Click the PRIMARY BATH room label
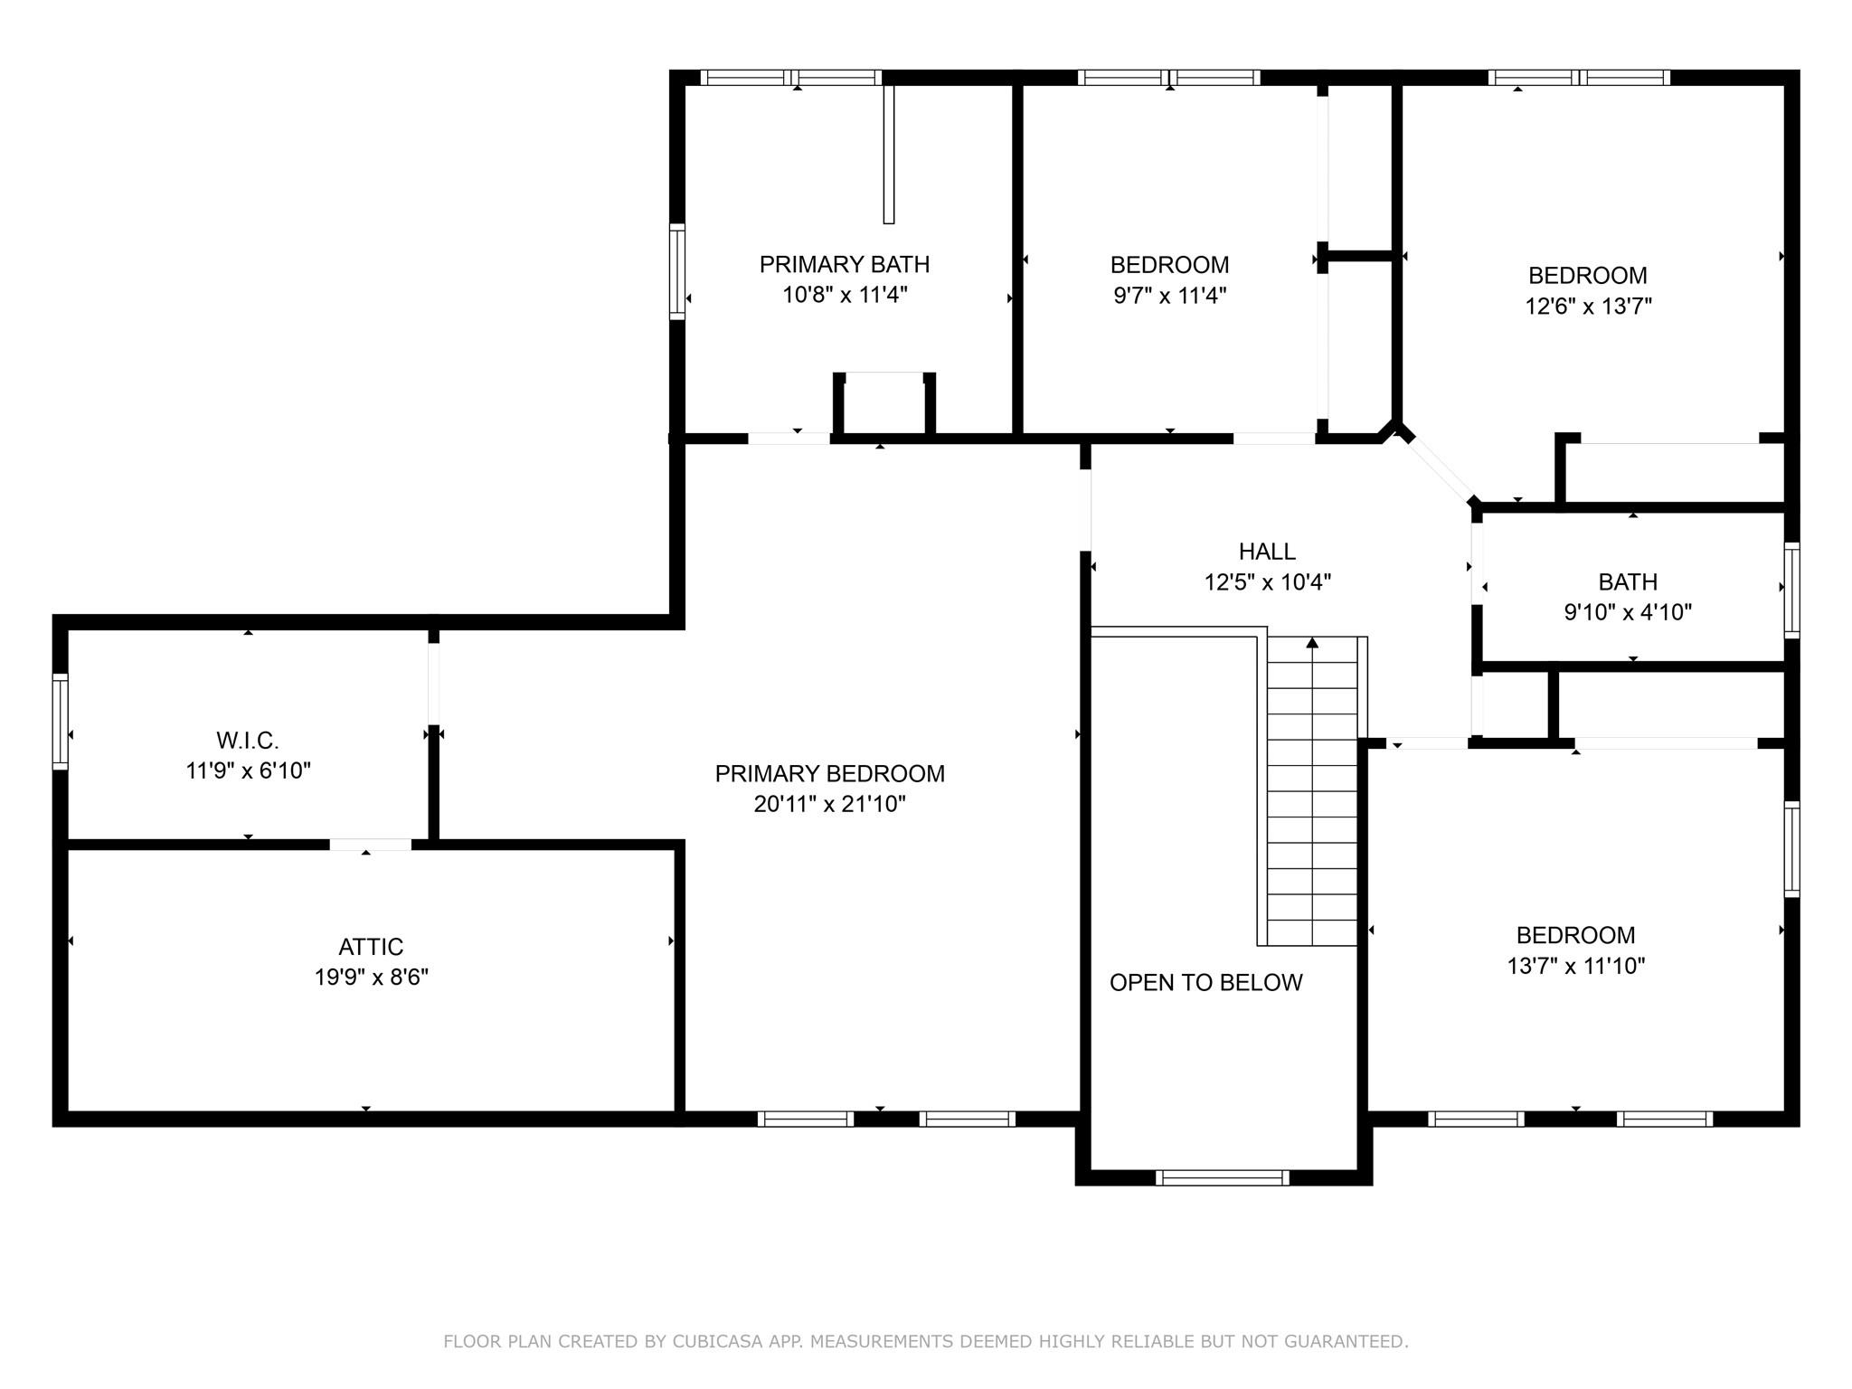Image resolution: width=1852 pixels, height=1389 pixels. [844, 264]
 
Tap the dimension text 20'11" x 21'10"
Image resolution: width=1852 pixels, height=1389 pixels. [829, 804]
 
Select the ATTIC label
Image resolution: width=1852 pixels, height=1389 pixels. [371, 947]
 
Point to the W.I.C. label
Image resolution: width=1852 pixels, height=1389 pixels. [248, 741]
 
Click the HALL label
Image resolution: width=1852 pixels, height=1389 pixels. [1267, 551]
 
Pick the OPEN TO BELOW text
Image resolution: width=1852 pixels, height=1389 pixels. [1205, 982]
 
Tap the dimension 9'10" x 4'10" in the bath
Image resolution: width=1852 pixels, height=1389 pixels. [1628, 612]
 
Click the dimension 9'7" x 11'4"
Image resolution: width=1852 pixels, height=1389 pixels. [1169, 296]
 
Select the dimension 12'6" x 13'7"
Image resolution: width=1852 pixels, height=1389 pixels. [1588, 307]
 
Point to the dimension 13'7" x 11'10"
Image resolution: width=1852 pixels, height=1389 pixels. [1575, 966]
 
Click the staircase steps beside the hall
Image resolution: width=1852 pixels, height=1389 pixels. [1312, 791]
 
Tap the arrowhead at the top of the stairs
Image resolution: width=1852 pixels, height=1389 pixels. [1312, 643]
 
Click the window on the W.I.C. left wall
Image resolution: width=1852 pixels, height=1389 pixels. [61, 722]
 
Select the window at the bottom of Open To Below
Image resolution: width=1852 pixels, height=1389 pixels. [1223, 1177]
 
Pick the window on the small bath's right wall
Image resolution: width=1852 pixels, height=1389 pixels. [1791, 591]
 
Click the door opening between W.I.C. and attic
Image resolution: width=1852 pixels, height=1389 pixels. [370, 845]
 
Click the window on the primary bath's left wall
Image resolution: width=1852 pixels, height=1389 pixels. [677, 271]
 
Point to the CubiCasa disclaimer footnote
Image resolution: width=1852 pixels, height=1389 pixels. [926, 1341]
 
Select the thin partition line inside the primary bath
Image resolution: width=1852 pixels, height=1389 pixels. [889, 154]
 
